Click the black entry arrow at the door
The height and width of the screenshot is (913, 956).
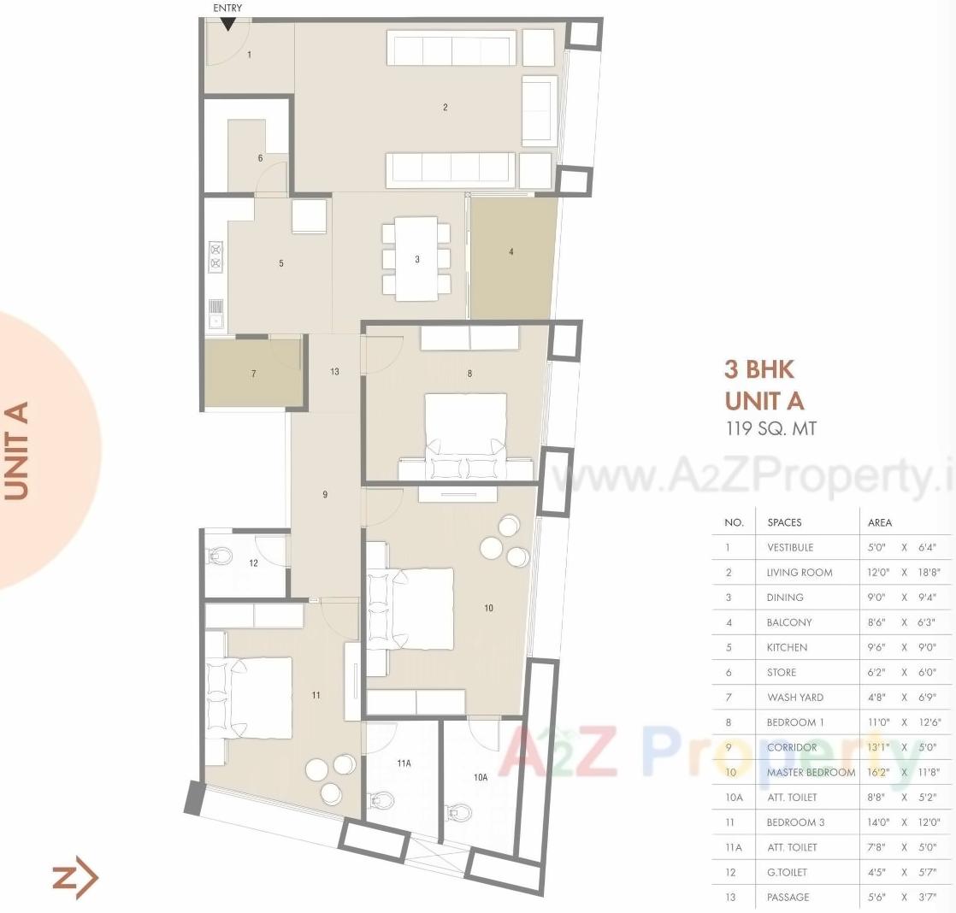[x=228, y=24]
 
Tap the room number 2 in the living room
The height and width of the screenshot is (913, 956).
[x=446, y=108]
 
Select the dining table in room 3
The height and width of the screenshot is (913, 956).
[x=417, y=258]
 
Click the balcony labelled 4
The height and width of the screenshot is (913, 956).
[x=511, y=256]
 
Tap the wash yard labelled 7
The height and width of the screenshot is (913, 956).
[x=253, y=374]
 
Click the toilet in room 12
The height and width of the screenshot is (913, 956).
[x=220, y=556]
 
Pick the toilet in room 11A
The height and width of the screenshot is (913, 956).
[x=384, y=800]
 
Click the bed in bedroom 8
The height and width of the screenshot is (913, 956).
[x=466, y=427]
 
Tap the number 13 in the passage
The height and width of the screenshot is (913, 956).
[x=334, y=372]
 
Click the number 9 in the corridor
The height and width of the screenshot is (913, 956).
[x=325, y=495]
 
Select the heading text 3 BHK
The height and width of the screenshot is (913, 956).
[x=759, y=369]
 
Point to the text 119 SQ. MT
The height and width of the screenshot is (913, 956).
[x=770, y=428]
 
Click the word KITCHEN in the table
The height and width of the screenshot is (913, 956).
[x=787, y=647]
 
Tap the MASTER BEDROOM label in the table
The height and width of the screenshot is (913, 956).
[x=811, y=772]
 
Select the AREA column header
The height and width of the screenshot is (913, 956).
[x=880, y=522]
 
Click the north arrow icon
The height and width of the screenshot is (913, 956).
[x=75, y=878]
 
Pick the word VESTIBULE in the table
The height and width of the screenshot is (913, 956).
[x=790, y=547]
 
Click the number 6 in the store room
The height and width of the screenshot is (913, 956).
[x=261, y=158]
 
